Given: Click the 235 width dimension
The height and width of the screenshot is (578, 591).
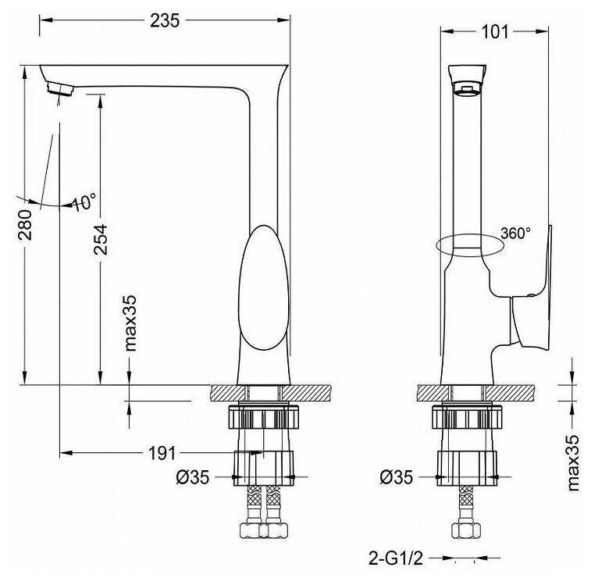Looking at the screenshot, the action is click(165, 21).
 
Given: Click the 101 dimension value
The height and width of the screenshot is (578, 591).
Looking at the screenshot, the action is click(495, 32).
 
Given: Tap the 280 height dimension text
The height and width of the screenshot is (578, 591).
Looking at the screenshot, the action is click(26, 225).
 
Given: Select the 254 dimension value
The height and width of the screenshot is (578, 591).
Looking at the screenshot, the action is click(101, 240).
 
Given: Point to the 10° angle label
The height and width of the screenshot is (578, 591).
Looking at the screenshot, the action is click(84, 202).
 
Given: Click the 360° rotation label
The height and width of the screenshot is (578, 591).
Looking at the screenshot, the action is click(515, 234).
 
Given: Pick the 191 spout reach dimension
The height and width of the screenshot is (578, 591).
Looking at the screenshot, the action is click(162, 453).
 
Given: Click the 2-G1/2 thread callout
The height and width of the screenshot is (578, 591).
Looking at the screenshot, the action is click(396, 558).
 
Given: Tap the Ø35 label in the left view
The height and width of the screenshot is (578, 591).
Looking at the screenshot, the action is click(192, 477).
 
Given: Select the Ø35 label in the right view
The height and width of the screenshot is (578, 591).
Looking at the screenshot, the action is click(396, 477).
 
